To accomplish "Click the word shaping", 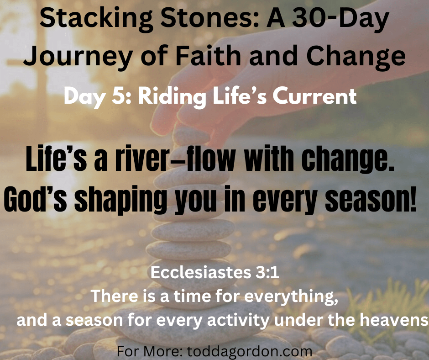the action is point(120,200).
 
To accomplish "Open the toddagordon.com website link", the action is point(250,351).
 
